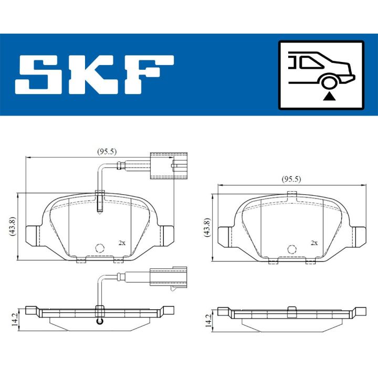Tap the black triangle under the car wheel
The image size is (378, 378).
point(329,95)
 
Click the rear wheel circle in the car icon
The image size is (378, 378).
point(329,82)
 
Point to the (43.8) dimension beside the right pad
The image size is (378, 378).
point(207,226)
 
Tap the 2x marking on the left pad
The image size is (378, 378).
point(122,243)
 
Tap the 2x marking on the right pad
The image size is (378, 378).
point(314,243)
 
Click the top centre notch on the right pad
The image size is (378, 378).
point(292,196)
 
